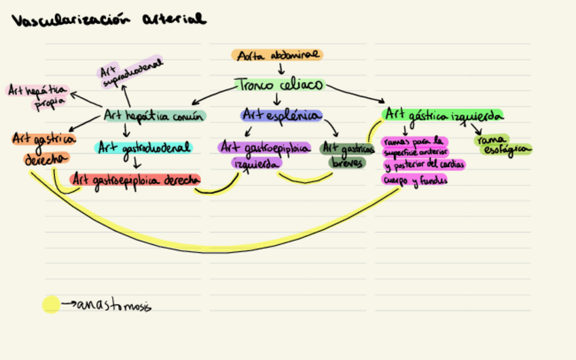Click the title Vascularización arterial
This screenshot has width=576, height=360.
(x=108, y=20)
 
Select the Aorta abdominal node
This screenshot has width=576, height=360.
(x=277, y=55)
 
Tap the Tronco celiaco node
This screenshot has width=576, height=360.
(x=280, y=85)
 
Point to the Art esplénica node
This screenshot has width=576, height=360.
(x=281, y=115)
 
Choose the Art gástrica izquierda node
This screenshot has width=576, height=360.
(x=442, y=114)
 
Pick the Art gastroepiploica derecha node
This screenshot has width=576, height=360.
(x=136, y=179)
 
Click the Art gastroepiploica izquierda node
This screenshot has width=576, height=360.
(x=263, y=155)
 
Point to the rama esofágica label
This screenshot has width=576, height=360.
(x=503, y=145)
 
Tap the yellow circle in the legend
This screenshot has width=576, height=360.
(x=51, y=304)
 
